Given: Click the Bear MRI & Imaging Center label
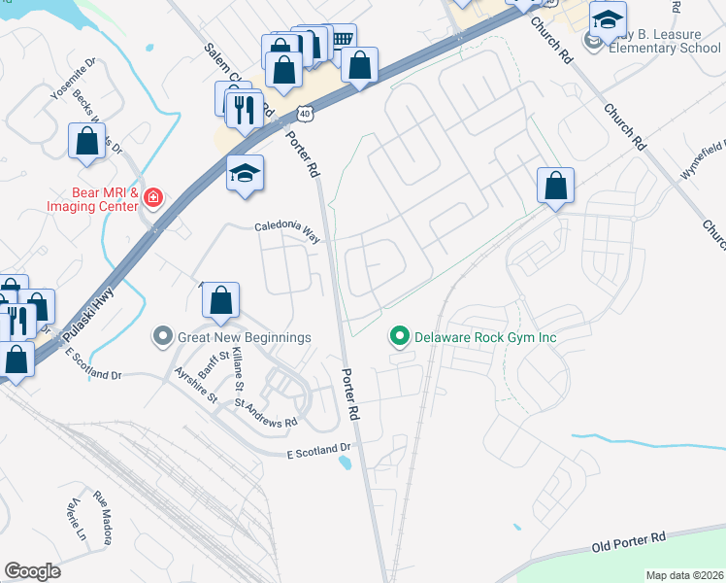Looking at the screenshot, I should coord(92,199).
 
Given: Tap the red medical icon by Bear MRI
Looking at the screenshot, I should coord(152,198).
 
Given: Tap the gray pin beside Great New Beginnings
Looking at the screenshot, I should coord(162,337).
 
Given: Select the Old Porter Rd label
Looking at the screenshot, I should coord(629,542).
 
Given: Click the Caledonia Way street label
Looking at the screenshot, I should coord(287,230).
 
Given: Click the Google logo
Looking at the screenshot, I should coord(33,570).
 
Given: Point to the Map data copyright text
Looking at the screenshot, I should coord(684,575).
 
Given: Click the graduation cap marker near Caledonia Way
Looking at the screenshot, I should coord(246,174).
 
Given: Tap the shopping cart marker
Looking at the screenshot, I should coord(341,39).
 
